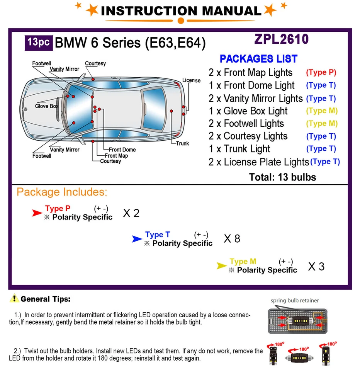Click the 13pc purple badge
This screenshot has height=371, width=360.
pos(38,42)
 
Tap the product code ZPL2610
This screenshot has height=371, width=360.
pos(281,39)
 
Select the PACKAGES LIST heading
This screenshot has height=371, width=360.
pos(258,59)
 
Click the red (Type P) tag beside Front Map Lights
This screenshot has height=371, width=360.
pos(321,72)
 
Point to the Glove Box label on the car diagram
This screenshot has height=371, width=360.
pos(47,106)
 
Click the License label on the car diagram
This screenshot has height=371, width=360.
pos(191,80)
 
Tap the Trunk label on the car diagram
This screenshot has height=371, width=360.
pos(182,143)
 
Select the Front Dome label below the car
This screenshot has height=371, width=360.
pos(122,150)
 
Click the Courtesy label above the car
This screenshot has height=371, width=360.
pos(95,63)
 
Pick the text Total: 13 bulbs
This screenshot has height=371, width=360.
pos(282,177)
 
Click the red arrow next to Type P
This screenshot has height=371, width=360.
pos(37,213)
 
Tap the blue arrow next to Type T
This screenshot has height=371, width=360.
pos(137,239)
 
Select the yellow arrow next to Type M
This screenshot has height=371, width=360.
pos(221,266)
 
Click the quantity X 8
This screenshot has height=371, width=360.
pos(232,239)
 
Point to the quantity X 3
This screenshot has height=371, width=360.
pos(316,266)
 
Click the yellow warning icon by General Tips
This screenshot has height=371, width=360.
pos(14,298)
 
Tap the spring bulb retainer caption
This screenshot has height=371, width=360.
pos(295,300)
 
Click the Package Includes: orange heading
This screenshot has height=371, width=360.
pos(62,192)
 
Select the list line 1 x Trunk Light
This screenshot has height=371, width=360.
pos(239,149)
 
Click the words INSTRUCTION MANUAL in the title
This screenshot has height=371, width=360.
pos(181,11)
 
